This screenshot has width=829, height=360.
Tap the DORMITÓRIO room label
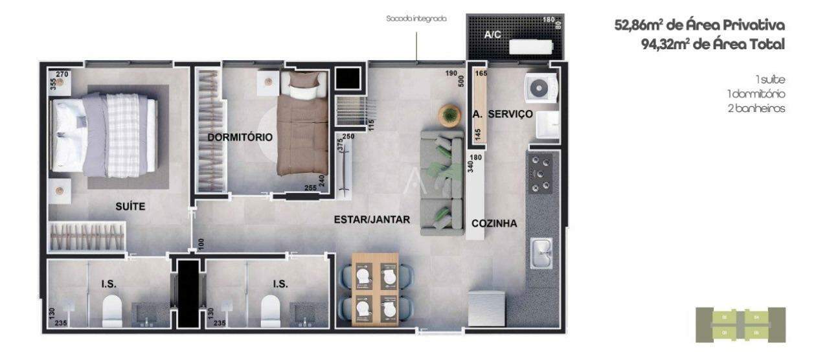pyautogui.click(x=240, y=137)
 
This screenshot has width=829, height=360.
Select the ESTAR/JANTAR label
pyautogui.click(x=372, y=219)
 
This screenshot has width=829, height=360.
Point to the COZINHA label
pyautogui.click(x=494, y=223)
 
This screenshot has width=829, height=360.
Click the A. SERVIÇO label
pyautogui.click(x=503, y=114)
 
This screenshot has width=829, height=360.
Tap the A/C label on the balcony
pyautogui.click(x=494, y=35)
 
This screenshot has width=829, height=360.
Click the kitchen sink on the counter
pyautogui.click(x=541, y=253)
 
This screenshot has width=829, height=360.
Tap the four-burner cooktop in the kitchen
pyautogui.click(x=541, y=174)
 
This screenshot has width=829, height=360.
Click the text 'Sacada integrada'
pyautogui.click(x=416, y=19)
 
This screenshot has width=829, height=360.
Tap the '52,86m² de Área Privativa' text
pyautogui.click(x=699, y=25)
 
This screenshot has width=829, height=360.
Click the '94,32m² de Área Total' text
pyautogui.click(x=711, y=44)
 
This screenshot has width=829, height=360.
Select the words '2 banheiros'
pyautogui.click(x=756, y=108)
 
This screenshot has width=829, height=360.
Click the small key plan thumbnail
pyautogui.click(x=740, y=324)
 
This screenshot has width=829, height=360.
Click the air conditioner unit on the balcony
pyautogui.click(x=530, y=47)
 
